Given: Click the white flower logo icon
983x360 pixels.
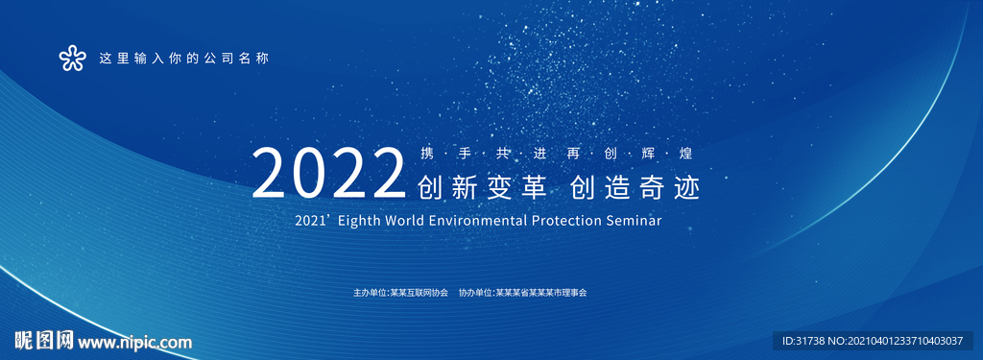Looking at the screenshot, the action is (x=72, y=59).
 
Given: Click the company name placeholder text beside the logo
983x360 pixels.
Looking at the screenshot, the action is (x=183, y=59).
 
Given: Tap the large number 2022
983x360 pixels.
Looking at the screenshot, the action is (x=329, y=173).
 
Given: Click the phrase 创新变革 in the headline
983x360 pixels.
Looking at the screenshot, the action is (x=482, y=187).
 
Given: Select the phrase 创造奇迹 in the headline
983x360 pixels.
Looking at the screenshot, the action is (x=635, y=187).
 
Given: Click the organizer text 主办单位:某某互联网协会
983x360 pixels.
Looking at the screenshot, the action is (x=400, y=292).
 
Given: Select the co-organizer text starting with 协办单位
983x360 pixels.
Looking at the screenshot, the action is (x=522, y=292).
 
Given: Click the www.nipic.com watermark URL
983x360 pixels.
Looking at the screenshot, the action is (x=134, y=343).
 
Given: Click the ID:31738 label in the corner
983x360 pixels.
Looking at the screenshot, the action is (x=803, y=341).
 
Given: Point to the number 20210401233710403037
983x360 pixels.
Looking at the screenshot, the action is (x=905, y=341).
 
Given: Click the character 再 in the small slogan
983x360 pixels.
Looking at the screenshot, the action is (x=573, y=154).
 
